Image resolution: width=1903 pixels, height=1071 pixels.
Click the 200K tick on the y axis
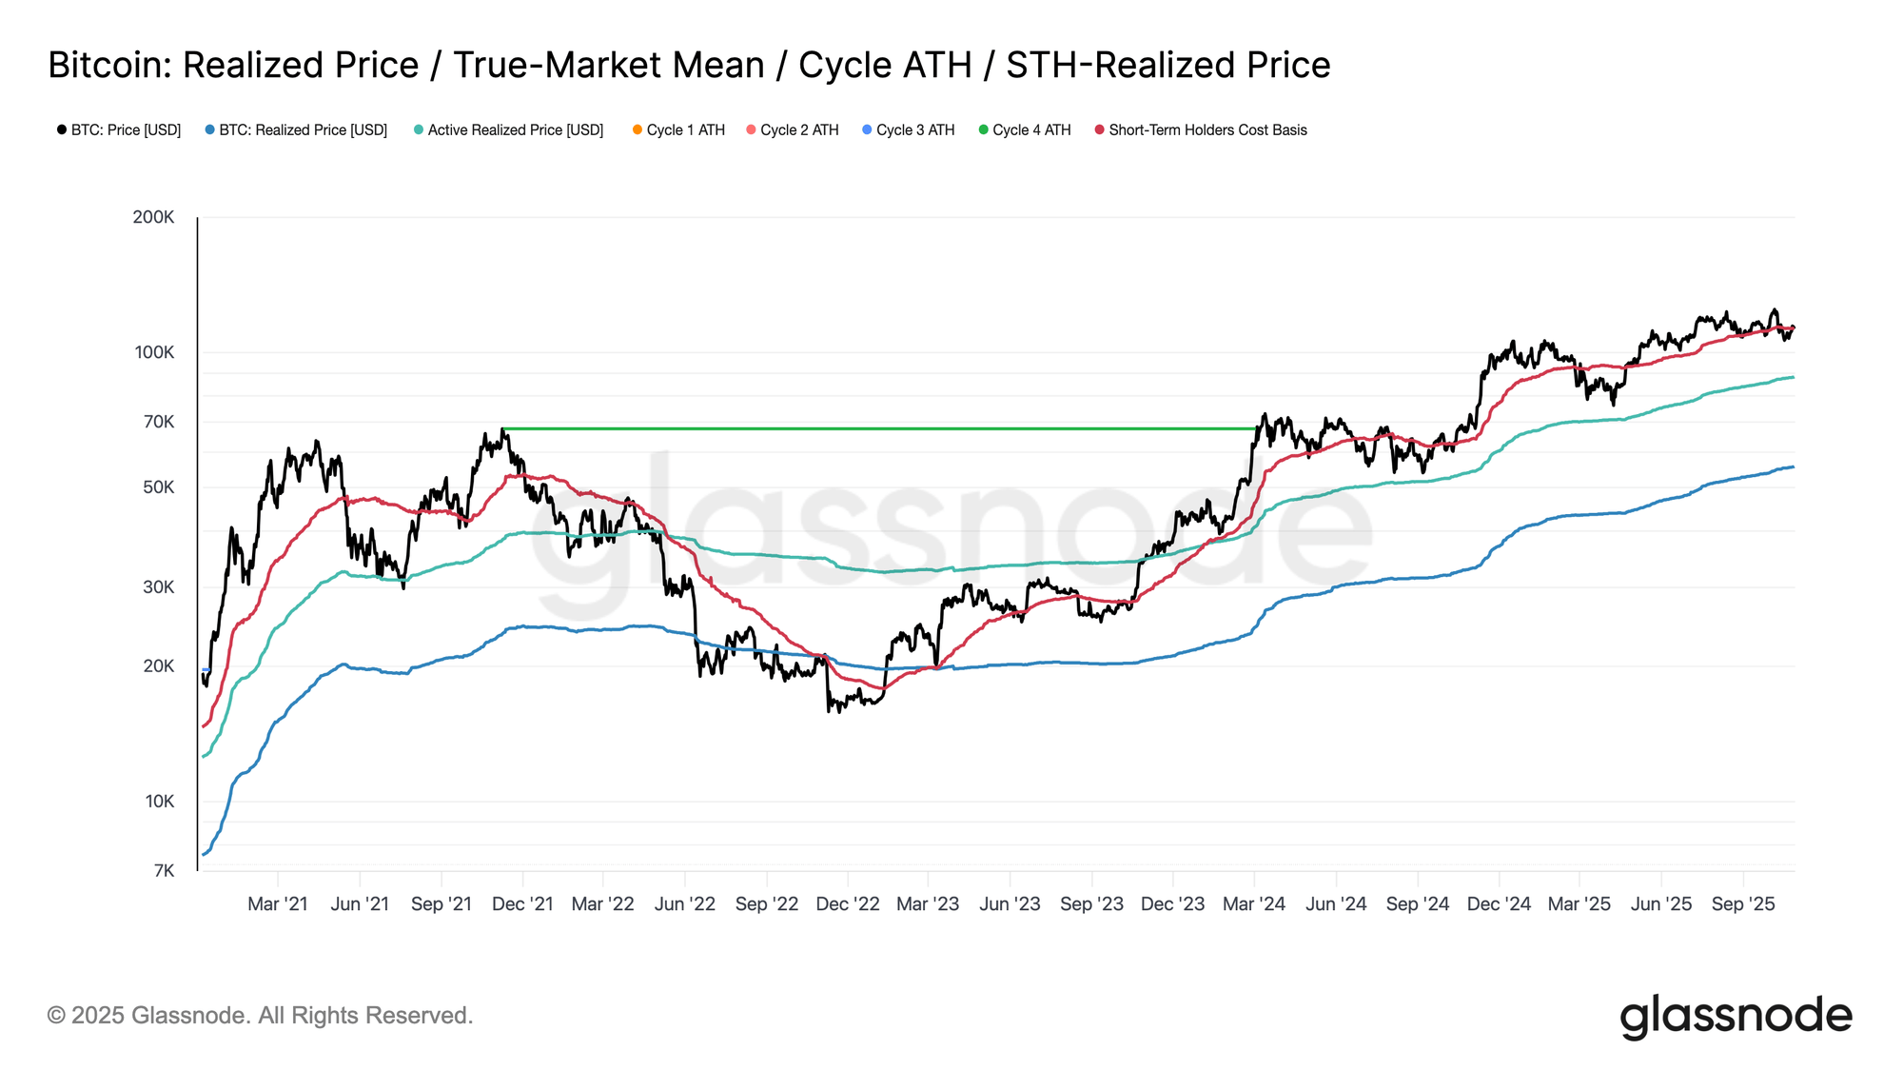[153, 217]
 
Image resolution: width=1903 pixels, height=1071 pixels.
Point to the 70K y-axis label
[158, 421]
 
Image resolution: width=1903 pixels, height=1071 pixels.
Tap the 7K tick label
[164, 870]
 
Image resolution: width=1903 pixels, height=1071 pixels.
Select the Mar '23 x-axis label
[928, 903]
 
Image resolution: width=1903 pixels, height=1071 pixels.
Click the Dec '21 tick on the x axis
[522, 903]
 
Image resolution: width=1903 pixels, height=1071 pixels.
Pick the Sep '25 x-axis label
[1742, 903]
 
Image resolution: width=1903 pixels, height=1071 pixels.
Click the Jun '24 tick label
[1336, 903]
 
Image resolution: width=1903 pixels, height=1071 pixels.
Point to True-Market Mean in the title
[609, 65]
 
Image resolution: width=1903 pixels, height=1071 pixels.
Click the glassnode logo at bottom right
[1736, 1016]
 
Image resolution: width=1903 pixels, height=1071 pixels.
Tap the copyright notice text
[260, 1015]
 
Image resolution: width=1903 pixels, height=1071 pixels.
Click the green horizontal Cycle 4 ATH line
[875, 428]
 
